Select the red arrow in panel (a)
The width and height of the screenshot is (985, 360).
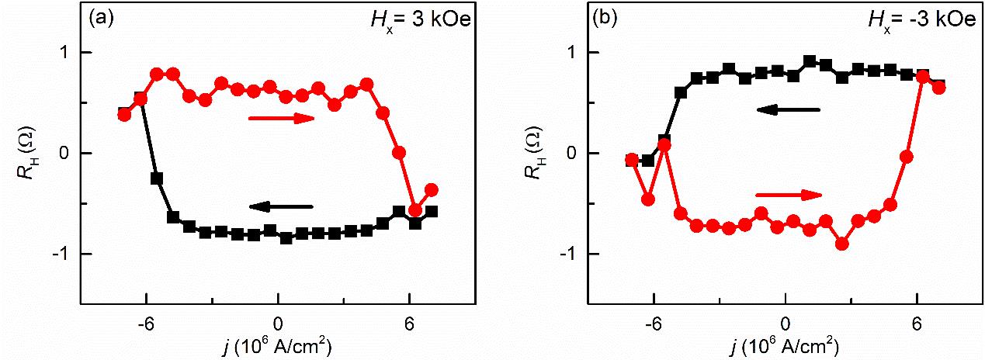(x=281, y=118)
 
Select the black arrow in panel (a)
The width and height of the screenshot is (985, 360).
(x=281, y=206)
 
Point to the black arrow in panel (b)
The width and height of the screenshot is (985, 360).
(x=788, y=110)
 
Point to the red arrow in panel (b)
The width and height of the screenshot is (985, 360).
(x=788, y=195)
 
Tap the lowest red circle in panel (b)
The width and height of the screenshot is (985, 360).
(x=841, y=244)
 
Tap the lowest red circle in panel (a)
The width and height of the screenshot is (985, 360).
(x=415, y=210)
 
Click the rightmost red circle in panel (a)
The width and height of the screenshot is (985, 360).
(x=432, y=189)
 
